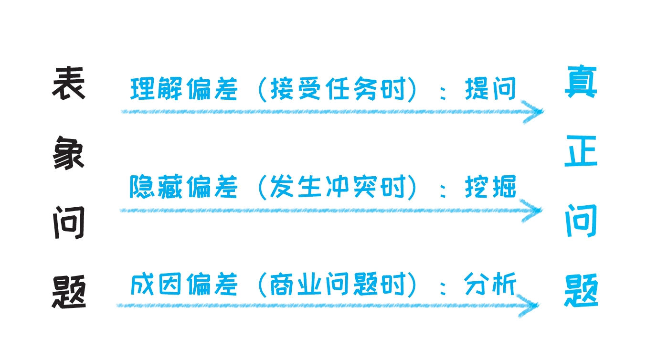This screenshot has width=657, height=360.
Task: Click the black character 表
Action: (x=68, y=84)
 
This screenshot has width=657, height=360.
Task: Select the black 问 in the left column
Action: (x=68, y=223)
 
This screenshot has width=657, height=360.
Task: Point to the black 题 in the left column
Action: (x=68, y=292)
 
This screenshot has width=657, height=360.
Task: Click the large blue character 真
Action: (x=581, y=82)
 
